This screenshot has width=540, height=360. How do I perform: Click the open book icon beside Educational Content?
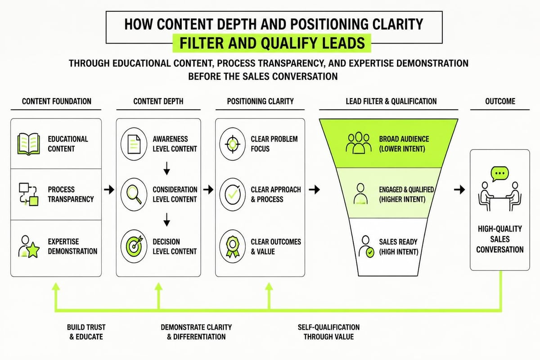[28, 144]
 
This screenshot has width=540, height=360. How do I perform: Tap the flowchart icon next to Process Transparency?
[28, 194]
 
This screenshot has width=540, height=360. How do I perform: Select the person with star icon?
[29, 247]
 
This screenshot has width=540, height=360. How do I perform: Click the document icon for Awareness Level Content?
[134, 144]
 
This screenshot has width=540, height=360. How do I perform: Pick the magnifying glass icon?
[134, 194]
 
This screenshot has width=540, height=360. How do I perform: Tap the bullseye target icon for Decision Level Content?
[134, 247]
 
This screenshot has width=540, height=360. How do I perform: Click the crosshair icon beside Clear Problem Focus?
[232, 144]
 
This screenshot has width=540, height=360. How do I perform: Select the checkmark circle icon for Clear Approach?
[232, 194]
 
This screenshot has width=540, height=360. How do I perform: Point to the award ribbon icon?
[232, 247]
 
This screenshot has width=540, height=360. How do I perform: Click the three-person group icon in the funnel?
[359, 143]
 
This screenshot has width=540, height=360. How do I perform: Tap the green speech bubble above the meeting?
[500, 174]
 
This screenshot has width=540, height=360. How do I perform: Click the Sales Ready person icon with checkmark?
[366, 247]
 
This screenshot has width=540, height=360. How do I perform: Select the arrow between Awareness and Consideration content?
[166, 168]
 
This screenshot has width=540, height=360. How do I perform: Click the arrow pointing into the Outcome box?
[459, 189]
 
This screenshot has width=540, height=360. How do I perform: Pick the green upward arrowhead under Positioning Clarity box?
[269, 287]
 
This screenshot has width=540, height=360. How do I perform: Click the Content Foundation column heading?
[57, 101]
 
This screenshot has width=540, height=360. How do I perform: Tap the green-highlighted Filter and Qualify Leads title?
[272, 43]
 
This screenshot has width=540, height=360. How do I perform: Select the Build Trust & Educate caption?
[86, 332]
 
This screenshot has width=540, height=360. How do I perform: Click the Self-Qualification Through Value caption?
[328, 332]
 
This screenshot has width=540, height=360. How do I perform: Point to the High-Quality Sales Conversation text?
[500, 239]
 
